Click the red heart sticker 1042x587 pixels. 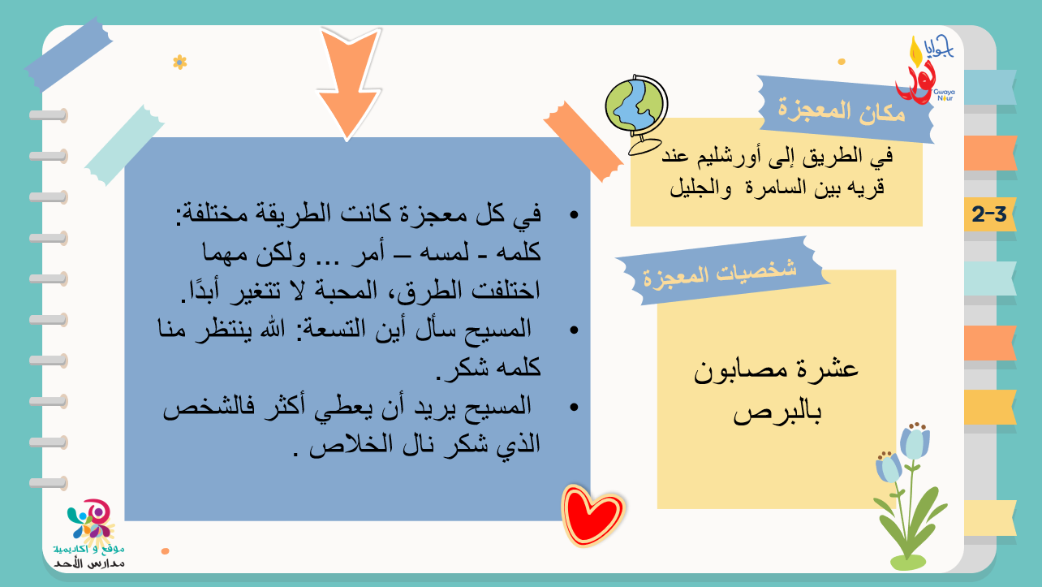[592, 516]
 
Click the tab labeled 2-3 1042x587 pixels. [990, 214]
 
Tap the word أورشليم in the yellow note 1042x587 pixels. [726, 157]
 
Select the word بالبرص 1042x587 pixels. [777, 412]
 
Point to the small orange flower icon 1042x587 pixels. [180, 62]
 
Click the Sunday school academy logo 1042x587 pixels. [90, 533]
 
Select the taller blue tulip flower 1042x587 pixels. [913, 489]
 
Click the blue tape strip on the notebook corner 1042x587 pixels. [69, 54]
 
